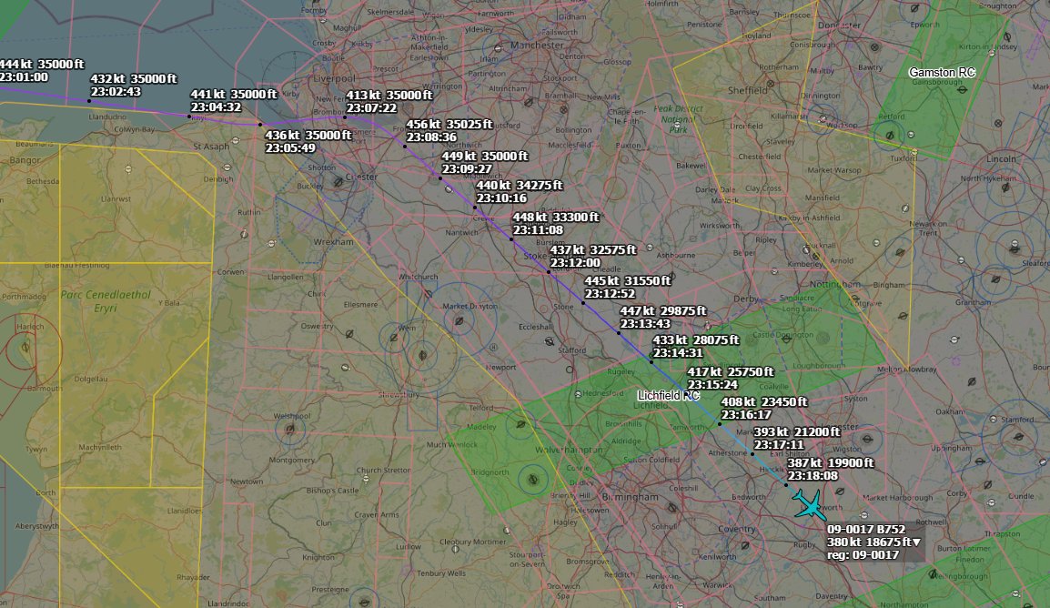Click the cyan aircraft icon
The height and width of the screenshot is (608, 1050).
click(x=806, y=502)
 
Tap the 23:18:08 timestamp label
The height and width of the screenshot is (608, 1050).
click(x=813, y=475)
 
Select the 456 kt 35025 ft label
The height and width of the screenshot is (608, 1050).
click(x=449, y=125)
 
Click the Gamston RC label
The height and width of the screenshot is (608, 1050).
click(x=942, y=72)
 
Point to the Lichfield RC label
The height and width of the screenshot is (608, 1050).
click(x=668, y=395)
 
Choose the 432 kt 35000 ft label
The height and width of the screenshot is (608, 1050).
click(x=134, y=79)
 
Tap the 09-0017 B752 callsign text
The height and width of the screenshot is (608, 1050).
click(x=866, y=529)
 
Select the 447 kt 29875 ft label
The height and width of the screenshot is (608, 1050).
click(x=662, y=311)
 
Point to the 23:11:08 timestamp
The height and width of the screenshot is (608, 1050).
click(x=537, y=230)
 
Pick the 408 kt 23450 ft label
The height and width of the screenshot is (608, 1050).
click(x=763, y=402)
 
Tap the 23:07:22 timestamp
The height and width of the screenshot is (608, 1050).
click(x=370, y=107)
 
